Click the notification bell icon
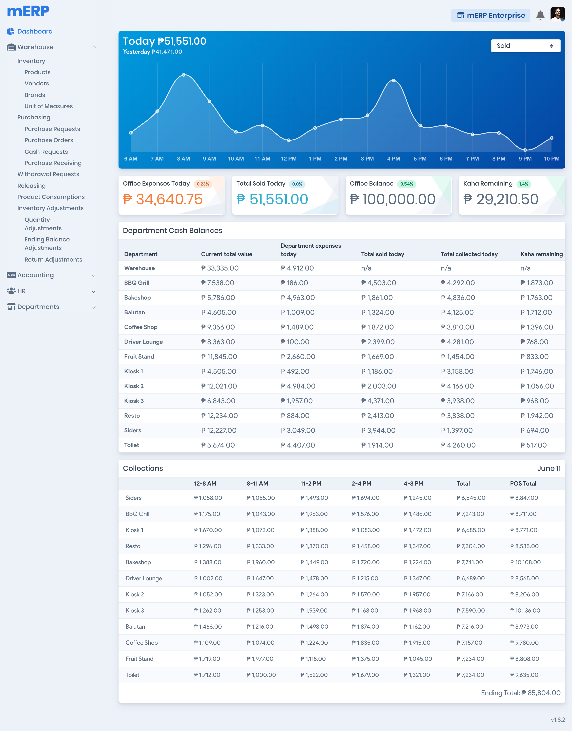(x=540, y=15)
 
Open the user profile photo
(x=557, y=14)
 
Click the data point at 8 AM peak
(x=184, y=75)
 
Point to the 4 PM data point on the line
(x=394, y=80)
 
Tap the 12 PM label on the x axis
(x=288, y=159)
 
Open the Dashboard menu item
(x=35, y=32)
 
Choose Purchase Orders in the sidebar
(x=49, y=140)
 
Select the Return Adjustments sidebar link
(x=53, y=260)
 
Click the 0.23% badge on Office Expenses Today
(x=203, y=184)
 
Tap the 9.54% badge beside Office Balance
(x=406, y=184)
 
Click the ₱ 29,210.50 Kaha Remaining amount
(x=501, y=199)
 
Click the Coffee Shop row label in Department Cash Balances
(x=141, y=327)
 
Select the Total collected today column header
(x=469, y=254)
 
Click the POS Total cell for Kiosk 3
(x=525, y=611)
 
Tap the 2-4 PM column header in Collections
(x=361, y=484)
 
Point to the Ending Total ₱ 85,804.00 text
(x=520, y=693)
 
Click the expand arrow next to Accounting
(x=94, y=276)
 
